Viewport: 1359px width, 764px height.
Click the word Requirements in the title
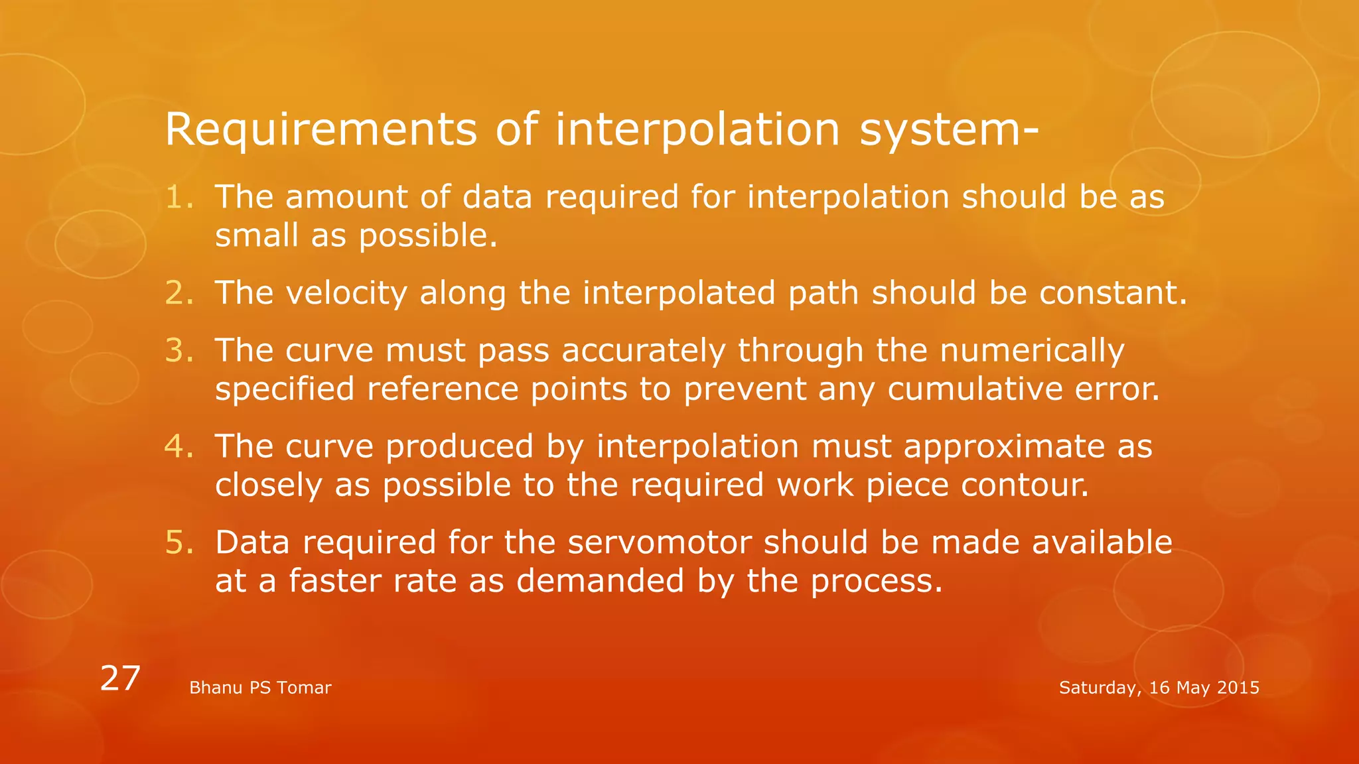[321, 129]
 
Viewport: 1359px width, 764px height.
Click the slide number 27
[120, 678]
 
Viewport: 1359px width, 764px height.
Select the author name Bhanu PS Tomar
[260, 688]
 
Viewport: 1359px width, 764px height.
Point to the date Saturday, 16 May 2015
[1159, 688]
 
